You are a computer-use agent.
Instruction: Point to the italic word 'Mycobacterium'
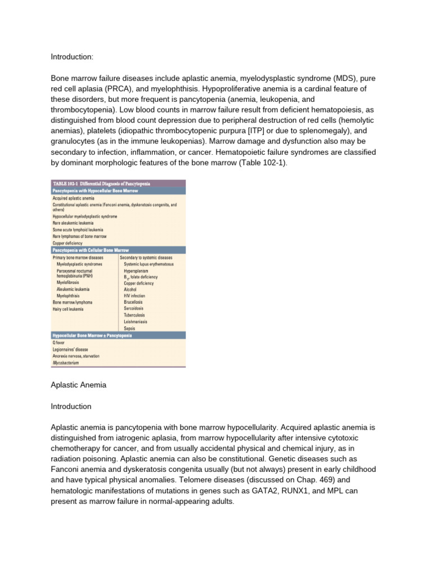click(x=65, y=363)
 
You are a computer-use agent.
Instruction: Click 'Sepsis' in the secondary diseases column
click(x=130, y=328)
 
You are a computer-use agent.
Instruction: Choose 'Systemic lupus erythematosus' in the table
click(x=148, y=264)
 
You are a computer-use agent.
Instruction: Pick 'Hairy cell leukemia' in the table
click(x=68, y=309)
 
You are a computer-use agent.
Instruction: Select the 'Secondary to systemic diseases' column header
click(x=146, y=258)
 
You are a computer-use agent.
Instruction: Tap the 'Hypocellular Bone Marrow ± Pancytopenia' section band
click(x=92, y=335)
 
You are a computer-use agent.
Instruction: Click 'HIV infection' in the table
click(x=134, y=296)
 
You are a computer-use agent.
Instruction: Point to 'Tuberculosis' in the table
click(x=134, y=315)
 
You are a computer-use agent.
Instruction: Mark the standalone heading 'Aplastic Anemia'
click(x=78, y=385)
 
